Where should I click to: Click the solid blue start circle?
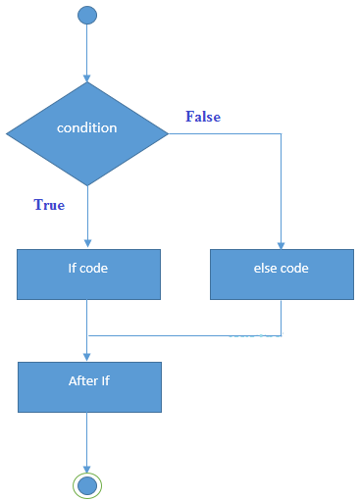click(87, 15)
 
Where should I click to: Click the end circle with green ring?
click(87, 485)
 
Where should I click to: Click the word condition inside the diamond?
click(87, 127)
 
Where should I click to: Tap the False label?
click(203, 117)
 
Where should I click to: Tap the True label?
click(49, 205)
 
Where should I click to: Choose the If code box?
click(88, 274)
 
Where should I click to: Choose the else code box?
click(282, 274)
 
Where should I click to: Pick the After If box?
click(88, 386)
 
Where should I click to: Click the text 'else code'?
click(282, 267)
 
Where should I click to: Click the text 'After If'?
click(87, 380)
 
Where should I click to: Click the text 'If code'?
click(88, 267)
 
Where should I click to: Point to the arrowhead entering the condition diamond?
click(87, 77)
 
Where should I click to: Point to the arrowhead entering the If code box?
click(87, 244)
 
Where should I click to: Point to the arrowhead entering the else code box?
click(282, 244)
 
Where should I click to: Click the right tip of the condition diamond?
click(168, 133)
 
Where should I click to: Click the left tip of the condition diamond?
click(7, 133)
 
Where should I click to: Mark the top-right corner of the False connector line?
click(282, 133)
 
